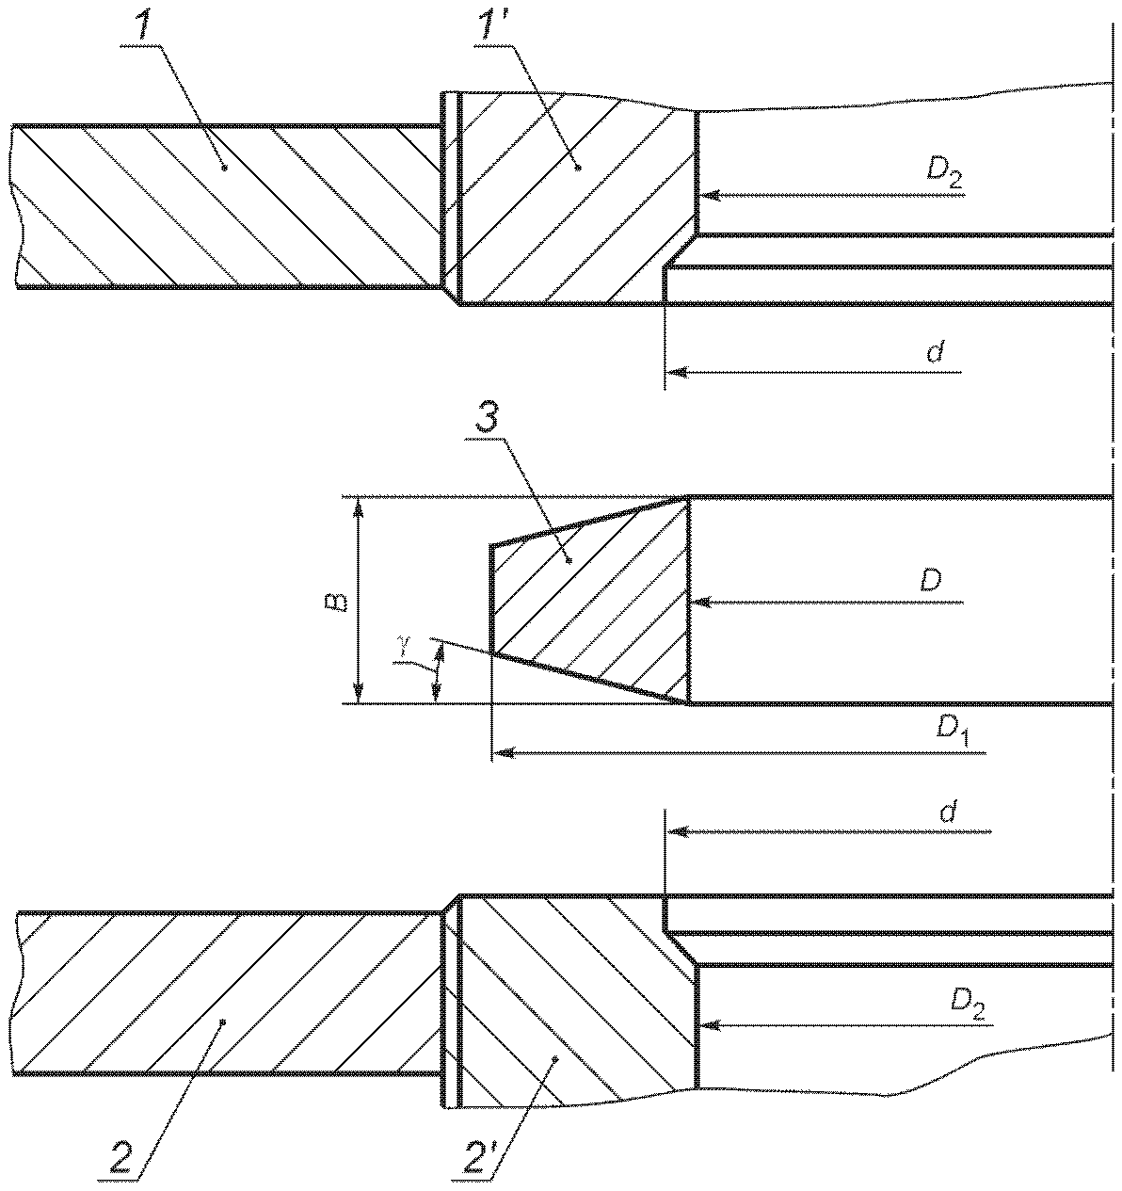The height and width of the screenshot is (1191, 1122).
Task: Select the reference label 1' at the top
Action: tap(487, 23)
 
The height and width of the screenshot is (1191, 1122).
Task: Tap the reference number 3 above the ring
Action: tap(487, 420)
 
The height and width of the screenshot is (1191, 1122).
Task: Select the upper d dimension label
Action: tap(936, 352)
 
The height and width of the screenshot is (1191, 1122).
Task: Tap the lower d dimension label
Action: tap(948, 813)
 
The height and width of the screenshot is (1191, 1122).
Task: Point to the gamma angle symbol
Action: tap(406, 643)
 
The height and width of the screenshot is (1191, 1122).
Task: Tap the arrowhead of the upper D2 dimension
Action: tap(710, 195)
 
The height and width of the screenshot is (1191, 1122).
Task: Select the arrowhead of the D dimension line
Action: tap(702, 602)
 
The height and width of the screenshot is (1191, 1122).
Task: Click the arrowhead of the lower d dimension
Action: tap(679, 831)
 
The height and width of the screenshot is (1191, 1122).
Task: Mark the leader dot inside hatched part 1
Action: tap(224, 169)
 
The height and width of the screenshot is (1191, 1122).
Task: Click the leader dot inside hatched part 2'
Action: tap(556, 1058)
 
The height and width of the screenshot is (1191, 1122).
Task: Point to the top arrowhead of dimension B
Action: tap(358, 508)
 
